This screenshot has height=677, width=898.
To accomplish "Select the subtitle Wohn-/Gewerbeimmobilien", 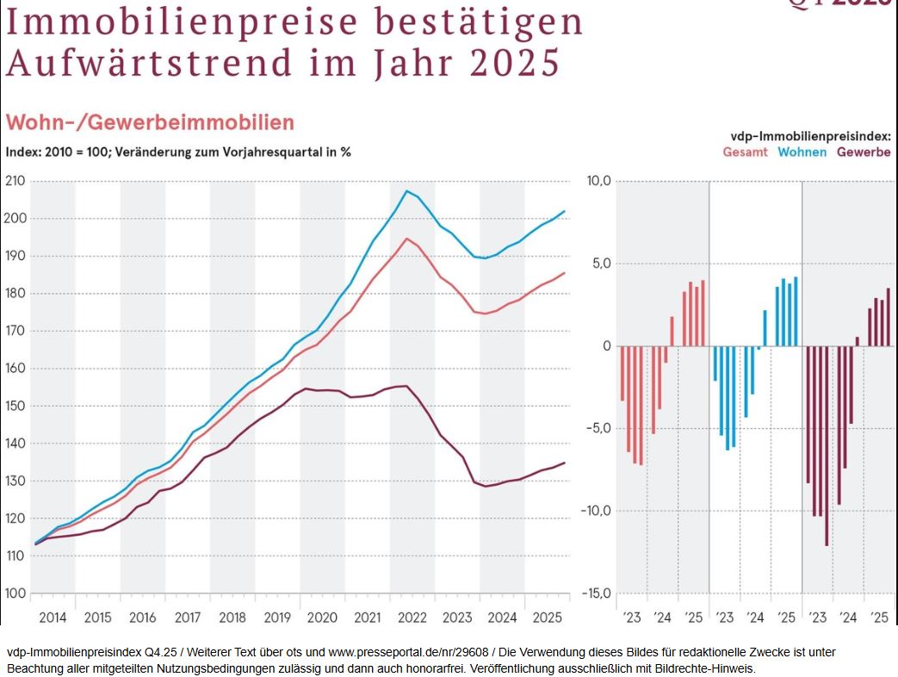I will pos(151,122).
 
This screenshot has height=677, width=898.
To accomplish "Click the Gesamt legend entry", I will pos(745,152).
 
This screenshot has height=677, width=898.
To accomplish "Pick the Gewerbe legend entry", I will pos(863,152).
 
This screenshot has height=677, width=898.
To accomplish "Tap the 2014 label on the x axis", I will pos(53,618).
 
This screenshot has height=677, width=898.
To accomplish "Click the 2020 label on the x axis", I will pos(322,618).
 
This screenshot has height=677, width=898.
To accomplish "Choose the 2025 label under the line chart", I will pos(547,618).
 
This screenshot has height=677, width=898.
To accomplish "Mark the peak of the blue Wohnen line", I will pos(407,191).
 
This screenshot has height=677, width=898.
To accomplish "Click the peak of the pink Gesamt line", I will pos(407,239).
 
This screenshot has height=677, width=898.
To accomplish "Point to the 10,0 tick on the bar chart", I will pos(598,181).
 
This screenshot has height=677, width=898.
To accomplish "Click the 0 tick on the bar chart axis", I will pos(606,346).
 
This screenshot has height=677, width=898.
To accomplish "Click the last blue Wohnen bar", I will pos(796,312).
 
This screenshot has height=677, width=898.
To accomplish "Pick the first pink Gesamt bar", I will pos(622,373).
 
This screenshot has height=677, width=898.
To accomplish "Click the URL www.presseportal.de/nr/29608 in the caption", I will pos(404,653).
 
